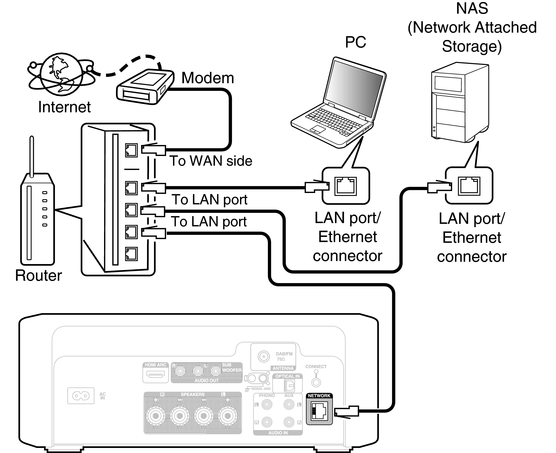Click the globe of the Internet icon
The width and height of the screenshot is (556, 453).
(61, 74)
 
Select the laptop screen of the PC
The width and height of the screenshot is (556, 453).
(354, 89)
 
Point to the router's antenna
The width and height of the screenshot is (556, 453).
(32, 157)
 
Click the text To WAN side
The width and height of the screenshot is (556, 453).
(211, 161)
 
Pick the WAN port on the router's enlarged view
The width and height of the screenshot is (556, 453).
(131, 150)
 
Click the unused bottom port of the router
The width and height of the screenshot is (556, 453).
(131, 254)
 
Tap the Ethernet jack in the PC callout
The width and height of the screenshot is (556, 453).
(346, 186)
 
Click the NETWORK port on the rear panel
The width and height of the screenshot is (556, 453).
(319, 411)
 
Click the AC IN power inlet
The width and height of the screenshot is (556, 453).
(81, 396)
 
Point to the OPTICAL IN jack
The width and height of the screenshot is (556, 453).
(289, 385)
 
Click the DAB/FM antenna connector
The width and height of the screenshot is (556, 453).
(264, 356)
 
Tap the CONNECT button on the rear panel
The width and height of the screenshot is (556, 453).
(316, 382)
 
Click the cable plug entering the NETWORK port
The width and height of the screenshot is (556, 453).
(346, 412)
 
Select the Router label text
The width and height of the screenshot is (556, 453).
(38, 275)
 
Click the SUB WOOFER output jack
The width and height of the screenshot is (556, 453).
(216, 371)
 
